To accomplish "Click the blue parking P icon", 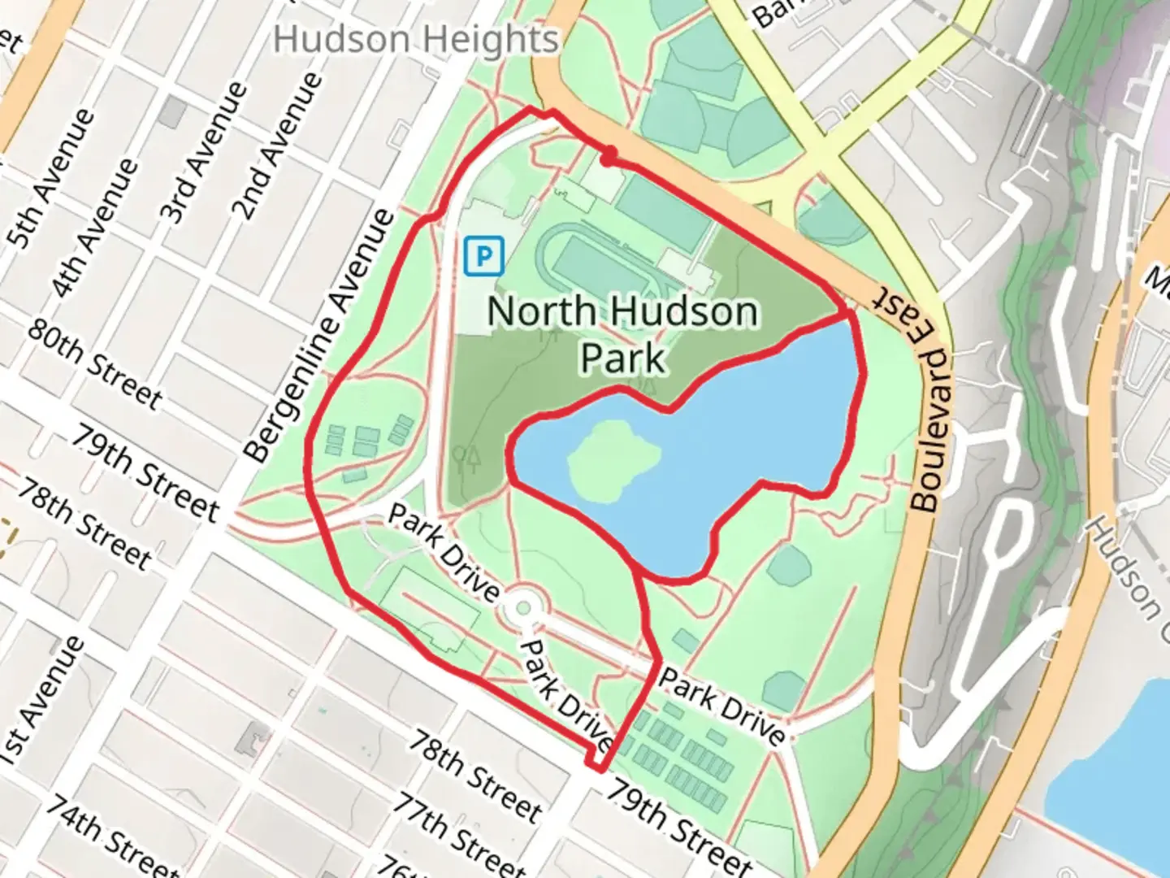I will click(x=484, y=257).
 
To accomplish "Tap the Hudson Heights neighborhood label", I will click(x=416, y=39).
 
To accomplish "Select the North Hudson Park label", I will click(x=623, y=333).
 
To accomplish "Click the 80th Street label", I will click(x=95, y=363).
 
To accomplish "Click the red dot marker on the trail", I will click(x=607, y=154).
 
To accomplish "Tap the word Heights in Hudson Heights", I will click(x=498, y=39).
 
